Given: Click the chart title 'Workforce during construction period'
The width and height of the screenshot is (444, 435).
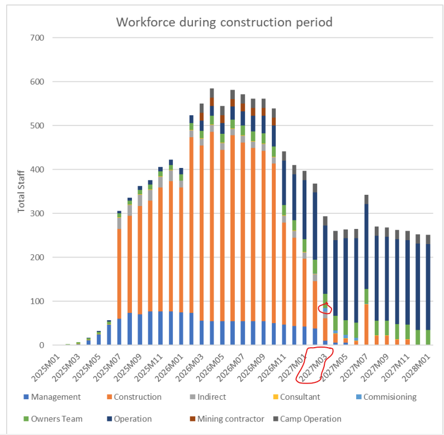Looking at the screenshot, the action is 224,22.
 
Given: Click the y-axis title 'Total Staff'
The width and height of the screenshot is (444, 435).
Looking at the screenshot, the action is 21,191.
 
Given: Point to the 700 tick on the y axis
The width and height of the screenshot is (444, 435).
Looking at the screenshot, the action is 37,38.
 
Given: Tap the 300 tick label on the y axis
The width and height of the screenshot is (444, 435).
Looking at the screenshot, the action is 37,213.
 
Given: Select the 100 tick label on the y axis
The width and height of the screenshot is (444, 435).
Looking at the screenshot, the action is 37,301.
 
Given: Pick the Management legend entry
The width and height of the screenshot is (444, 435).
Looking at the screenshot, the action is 53,397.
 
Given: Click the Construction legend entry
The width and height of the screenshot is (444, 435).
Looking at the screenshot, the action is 134,397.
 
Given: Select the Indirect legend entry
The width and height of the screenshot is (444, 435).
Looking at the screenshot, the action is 208,397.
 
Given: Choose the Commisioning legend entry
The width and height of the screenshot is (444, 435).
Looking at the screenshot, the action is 386,397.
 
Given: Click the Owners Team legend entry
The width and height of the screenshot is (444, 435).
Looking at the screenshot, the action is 53,419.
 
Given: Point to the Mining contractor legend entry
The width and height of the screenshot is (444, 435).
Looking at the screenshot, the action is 227,419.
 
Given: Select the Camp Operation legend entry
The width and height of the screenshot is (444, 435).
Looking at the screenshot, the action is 308,419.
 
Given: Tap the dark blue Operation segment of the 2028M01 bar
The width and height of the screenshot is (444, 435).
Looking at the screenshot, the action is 428,287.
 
